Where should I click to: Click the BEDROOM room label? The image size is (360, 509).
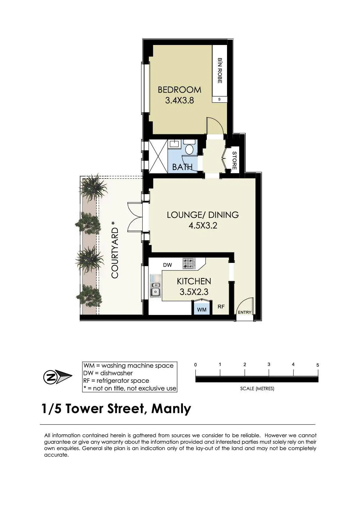click(179, 90)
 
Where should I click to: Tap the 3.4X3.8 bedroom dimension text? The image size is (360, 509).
click(179, 100)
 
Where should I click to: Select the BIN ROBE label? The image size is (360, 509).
click(220, 71)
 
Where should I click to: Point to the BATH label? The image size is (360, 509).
click(182, 167)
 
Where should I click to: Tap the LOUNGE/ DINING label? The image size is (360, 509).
click(203, 215)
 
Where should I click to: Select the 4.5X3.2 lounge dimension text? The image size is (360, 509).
click(203, 225)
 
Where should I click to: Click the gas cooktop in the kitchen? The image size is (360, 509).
click(189, 263)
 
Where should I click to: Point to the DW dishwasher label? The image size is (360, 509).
click(168, 265)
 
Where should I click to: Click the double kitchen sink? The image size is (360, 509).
click(155, 286)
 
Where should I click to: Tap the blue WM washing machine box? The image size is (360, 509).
click(202, 309)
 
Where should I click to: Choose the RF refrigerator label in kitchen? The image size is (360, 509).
click(221, 306)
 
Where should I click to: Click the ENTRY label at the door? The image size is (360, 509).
click(244, 312)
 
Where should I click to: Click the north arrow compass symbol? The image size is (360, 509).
click(57, 377)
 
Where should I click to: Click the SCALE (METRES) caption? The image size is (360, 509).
click(257, 389)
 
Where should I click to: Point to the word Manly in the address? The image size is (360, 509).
click(171, 409)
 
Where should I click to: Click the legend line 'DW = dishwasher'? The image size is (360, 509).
click(108, 373)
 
